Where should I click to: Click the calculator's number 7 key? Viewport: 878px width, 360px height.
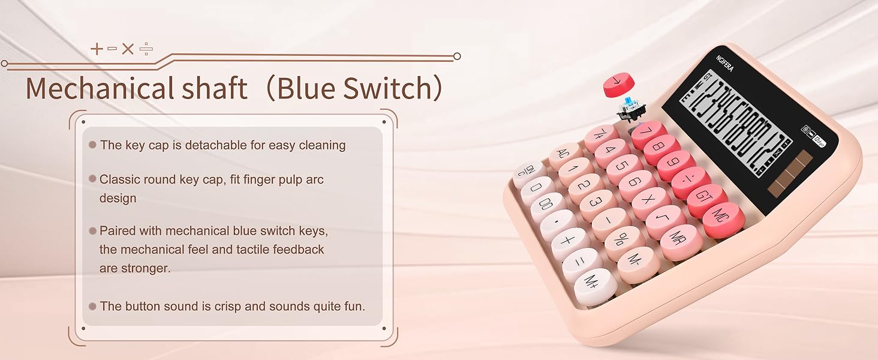pyautogui.click(x=649, y=133)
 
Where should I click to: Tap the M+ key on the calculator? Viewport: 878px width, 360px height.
pyautogui.click(x=596, y=284)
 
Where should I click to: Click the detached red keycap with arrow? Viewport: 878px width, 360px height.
pyautogui.click(x=618, y=84)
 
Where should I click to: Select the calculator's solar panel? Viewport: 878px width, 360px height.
pyautogui.click(x=788, y=174)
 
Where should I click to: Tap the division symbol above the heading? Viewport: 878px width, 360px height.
pyautogui.click(x=146, y=49)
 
